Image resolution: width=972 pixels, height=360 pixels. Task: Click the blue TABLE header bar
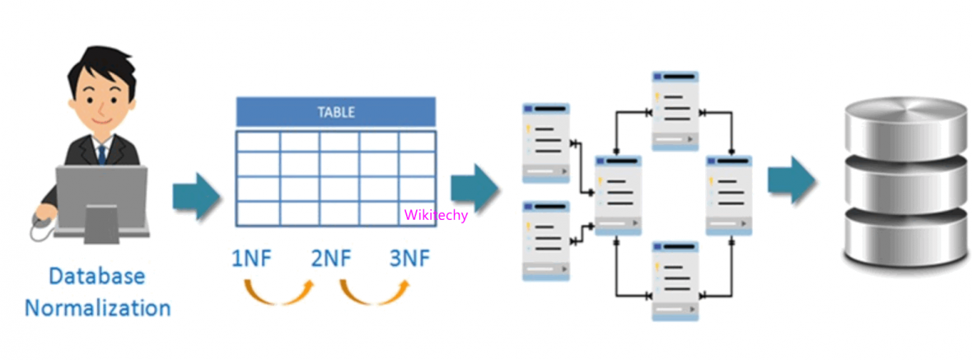pos(335,111)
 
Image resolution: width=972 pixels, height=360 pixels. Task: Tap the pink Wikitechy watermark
pos(436,215)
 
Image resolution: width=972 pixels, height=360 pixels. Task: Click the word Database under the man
pos(96,276)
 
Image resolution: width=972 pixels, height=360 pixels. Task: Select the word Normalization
pos(98,308)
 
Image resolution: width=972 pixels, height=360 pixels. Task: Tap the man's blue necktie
pos(101,153)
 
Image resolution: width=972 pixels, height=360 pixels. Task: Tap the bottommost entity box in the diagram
pos(675,280)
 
